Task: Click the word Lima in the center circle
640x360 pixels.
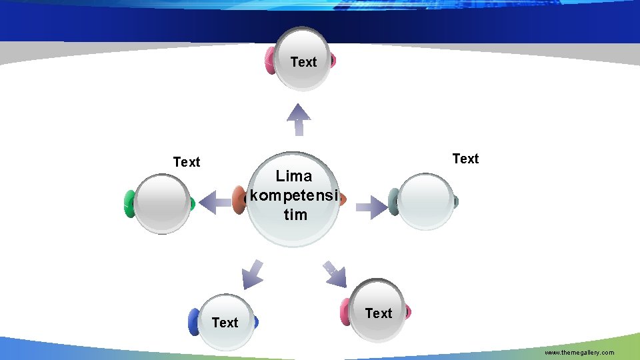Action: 294,177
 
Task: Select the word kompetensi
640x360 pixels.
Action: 294,196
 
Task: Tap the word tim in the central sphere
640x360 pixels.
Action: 295,215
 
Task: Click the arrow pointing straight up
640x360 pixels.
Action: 299,120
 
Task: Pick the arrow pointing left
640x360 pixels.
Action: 215,202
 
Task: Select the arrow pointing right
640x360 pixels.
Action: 370,207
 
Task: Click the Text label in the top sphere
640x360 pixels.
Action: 303,62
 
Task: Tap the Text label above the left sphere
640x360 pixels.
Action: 186,162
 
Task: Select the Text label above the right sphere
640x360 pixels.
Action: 465,159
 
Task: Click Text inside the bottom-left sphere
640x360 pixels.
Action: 225,323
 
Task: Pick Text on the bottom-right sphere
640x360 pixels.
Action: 379,313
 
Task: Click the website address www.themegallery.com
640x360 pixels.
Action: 579,352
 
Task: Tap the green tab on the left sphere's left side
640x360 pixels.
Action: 129,204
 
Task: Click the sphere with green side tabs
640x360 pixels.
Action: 162,204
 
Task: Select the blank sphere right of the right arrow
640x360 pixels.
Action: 427,201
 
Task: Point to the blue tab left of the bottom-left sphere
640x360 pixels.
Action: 194,321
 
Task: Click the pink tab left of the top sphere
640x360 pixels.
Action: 271,61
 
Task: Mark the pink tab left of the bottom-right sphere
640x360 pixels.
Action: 345,312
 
